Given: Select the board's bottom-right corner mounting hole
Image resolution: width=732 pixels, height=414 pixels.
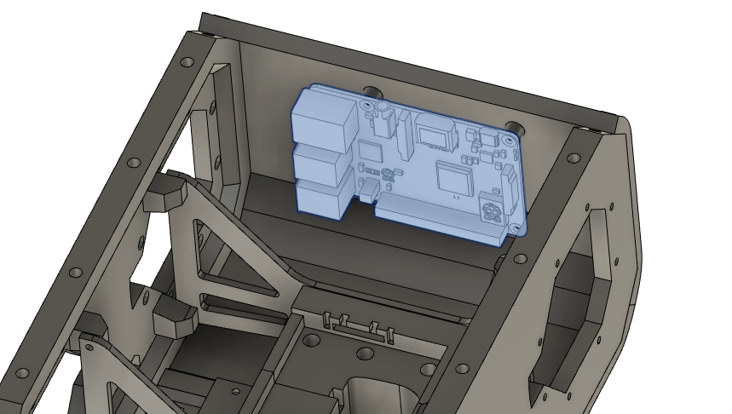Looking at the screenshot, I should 514,228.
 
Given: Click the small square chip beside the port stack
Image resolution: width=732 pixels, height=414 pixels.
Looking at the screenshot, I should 370,151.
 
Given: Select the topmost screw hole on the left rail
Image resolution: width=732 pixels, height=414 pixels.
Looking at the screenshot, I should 185,62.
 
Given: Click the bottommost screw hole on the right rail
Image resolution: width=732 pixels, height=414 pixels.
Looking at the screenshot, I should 463,370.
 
